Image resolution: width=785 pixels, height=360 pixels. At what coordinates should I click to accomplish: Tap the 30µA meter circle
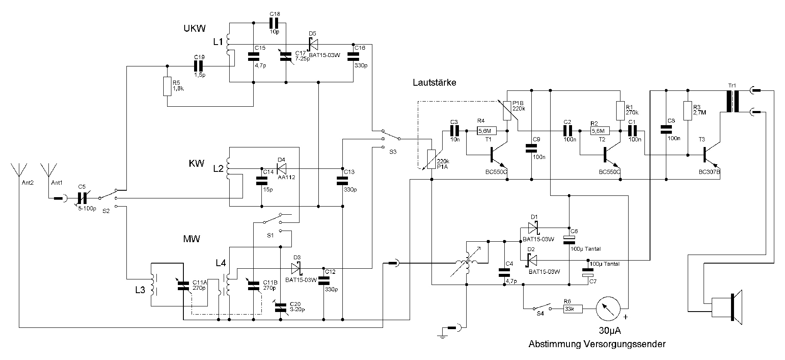click(x=608, y=308)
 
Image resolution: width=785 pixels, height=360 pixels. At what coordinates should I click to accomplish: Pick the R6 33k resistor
click(x=573, y=308)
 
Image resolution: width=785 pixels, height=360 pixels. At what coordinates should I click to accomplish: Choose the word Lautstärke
click(x=434, y=82)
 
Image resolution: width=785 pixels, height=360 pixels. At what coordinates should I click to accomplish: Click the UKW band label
click(x=195, y=28)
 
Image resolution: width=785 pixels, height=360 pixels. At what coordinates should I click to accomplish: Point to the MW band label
click(x=191, y=239)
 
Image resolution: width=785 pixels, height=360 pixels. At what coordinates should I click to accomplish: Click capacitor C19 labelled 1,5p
click(x=199, y=66)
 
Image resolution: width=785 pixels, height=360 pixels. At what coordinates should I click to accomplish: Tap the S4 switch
click(x=541, y=307)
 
